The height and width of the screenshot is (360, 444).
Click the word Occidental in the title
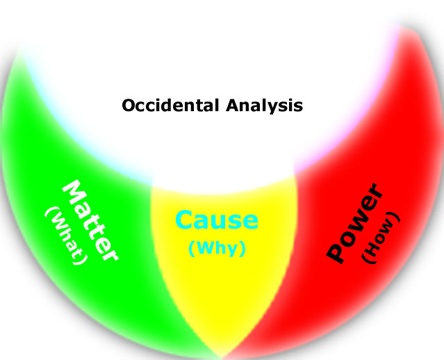[x=170, y=106]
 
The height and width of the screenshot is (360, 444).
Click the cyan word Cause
[x=217, y=221]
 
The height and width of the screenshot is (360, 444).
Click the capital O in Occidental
[x=128, y=106]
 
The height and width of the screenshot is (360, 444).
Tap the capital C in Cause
[x=185, y=221]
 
